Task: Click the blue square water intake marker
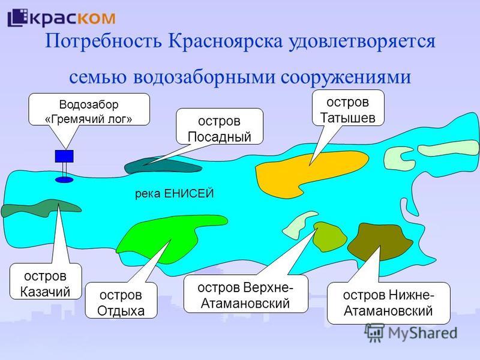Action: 64,156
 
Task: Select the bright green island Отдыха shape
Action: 159,237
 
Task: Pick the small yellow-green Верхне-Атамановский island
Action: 328,236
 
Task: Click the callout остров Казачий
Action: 46,283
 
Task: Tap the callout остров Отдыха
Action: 122,301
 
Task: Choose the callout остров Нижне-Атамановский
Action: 388,302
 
